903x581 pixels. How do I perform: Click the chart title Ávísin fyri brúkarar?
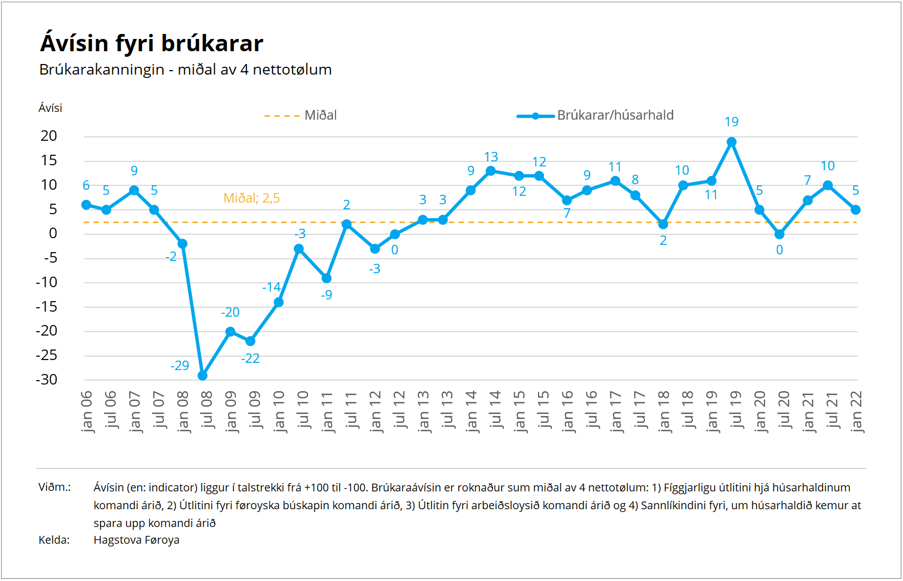pos(151,43)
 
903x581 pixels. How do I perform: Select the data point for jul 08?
pos(203,376)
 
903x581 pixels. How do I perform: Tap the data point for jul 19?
pos(732,142)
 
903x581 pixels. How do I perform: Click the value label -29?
pos(180,366)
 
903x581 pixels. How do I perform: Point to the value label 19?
pos(732,122)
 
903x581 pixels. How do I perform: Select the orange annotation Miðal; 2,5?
pos(251,198)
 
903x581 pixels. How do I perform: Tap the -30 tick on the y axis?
pos(47,380)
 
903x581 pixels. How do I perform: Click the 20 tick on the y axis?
pos(49,136)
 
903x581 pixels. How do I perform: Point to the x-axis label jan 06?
pos(86,411)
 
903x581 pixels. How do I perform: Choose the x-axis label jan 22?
pos(856,411)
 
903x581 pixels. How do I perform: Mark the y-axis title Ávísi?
pos(50,108)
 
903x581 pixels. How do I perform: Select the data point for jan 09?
pos(230,332)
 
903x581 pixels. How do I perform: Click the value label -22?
pos(250,358)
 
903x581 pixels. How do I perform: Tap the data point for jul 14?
pos(491,171)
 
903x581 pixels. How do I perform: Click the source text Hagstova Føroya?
pos(136,540)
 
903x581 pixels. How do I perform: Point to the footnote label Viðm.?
pos(55,488)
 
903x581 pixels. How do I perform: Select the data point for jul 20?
pos(779,234)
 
